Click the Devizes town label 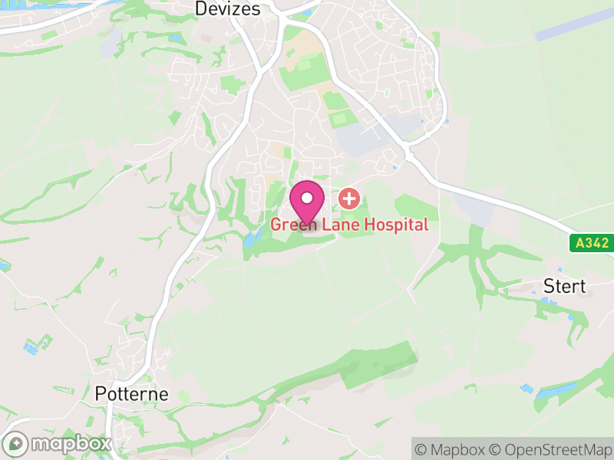228,9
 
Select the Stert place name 564,287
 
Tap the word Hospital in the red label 390,225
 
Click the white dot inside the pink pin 307,199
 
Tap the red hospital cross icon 349,199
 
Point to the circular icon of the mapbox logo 17,443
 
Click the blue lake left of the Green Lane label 250,239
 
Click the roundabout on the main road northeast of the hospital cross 409,153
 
